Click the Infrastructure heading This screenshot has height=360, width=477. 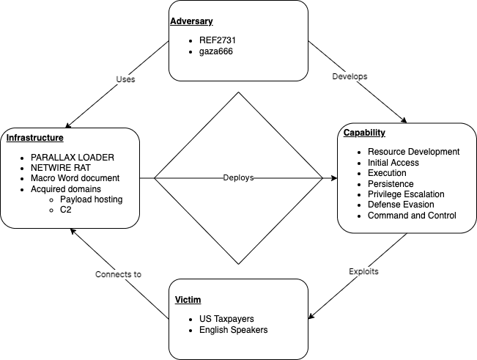(36, 138)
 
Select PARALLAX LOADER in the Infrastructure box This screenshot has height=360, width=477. (73, 158)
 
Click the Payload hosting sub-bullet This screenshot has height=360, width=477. (92, 199)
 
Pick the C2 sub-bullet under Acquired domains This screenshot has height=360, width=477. (67, 210)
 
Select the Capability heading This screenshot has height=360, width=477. (365, 133)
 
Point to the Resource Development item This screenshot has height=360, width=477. (413, 152)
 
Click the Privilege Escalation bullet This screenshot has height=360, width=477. (406, 194)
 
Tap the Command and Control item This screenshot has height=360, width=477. (412, 216)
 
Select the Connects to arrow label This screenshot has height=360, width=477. (118, 274)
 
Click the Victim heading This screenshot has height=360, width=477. (188, 300)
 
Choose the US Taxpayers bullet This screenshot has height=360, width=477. (225, 320)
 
